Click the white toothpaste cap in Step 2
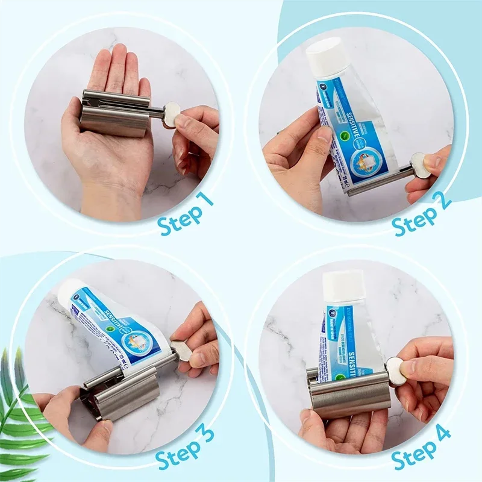[x=328, y=57]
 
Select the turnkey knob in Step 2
[x=421, y=164]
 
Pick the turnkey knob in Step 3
[x=181, y=351]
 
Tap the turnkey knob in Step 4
[x=395, y=370]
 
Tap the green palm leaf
[x=21, y=416]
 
